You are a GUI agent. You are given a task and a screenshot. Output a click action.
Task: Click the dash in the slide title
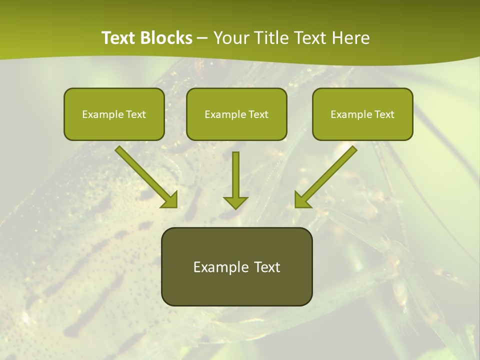click(202, 38)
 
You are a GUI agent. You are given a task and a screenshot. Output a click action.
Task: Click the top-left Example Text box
click(114, 114)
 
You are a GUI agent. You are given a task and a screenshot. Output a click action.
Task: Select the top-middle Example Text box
click(236, 114)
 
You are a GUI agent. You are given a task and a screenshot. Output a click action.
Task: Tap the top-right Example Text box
click(362, 114)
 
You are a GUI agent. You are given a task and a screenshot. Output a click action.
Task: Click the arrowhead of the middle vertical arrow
click(235, 202)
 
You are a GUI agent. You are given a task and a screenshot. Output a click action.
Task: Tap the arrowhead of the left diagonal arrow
click(170, 200)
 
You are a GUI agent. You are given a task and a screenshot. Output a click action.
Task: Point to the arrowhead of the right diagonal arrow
click(302, 200)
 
